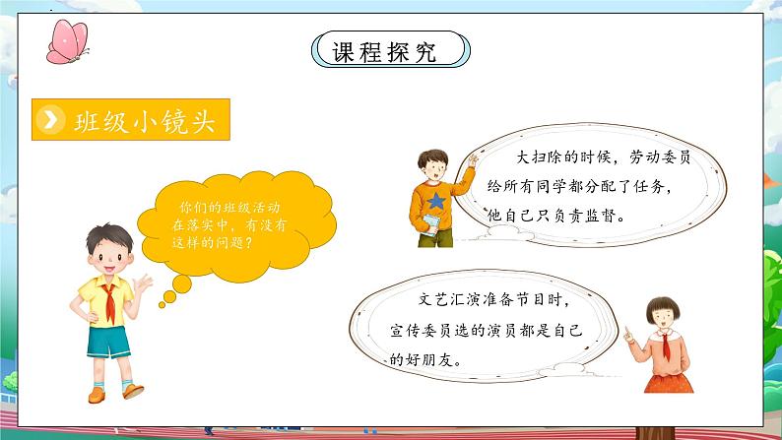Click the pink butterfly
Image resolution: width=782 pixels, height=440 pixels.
click(67, 39)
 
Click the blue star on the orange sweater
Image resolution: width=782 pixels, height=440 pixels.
click(436, 200)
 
